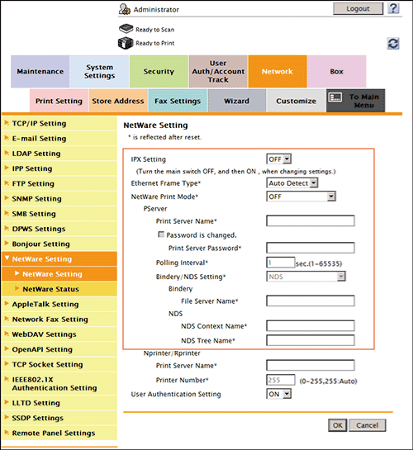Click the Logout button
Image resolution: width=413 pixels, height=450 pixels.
358,8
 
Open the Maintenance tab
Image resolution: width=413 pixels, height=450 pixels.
40,72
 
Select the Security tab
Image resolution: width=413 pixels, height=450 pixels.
159,72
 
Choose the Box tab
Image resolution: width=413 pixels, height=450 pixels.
336,72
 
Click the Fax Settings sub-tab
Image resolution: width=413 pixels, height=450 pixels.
176,102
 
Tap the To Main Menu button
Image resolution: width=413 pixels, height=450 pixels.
356,101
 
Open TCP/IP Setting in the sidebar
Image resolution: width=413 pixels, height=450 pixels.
40,123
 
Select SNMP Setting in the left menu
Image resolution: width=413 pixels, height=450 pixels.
36,199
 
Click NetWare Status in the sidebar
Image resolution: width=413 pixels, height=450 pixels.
50,289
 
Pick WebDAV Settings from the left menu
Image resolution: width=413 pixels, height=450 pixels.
44,334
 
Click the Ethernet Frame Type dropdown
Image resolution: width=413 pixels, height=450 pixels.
292,182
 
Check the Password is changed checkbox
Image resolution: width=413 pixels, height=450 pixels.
161,234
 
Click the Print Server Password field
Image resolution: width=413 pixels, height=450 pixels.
310,248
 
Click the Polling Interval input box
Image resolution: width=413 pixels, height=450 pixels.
281,262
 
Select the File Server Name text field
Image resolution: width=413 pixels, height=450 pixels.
310,301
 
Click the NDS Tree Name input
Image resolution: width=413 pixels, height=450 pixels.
310,340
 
